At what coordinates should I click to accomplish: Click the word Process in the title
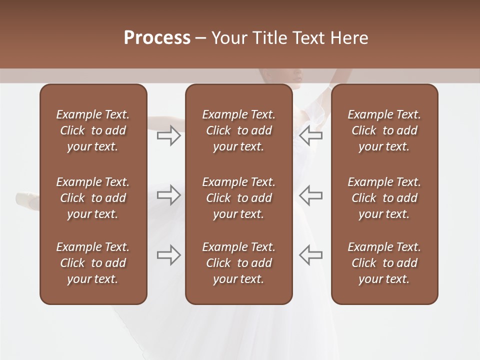tap(157, 38)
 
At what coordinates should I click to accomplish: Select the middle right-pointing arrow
tap(169, 195)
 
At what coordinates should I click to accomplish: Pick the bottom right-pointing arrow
tap(169, 255)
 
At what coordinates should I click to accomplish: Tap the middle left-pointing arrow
tap(310, 195)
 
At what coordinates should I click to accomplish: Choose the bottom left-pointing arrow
tap(310, 255)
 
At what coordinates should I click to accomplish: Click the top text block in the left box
tap(93, 130)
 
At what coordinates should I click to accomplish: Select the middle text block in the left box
tap(93, 198)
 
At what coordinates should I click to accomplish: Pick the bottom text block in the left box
tap(93, 263)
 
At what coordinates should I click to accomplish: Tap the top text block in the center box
tap(238, 130)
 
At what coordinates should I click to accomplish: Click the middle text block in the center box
tap(238, 198)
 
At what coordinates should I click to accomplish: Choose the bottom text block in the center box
tap(238, 263)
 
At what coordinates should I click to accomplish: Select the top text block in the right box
tap(384, 130)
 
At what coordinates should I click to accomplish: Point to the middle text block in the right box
tap(384, 198)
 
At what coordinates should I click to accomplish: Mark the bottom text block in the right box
tap(384, 263)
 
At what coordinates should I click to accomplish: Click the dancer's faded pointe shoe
tap(26, 200)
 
